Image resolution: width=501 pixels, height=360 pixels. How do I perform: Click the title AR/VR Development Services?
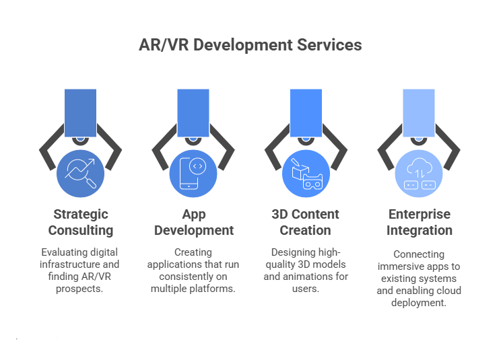(250, 45)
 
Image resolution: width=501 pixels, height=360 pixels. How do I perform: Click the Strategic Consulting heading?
(81, 222)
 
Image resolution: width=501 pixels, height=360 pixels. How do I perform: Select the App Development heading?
(194, 222)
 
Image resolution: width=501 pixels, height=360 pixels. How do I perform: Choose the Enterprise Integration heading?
(420, 222)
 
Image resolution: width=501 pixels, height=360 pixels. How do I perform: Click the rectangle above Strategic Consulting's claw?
(81, 112)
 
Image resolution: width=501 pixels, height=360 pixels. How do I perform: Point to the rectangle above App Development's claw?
(193, 112)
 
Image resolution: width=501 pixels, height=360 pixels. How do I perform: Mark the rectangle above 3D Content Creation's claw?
(306, 112)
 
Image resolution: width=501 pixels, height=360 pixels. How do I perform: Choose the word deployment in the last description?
(419, 303)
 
